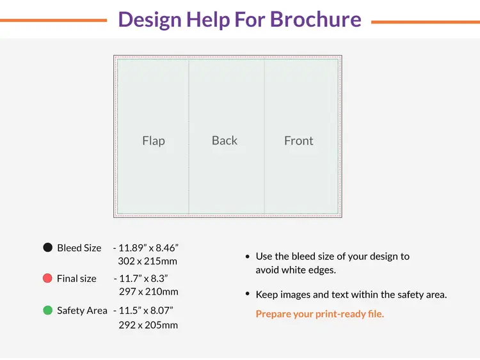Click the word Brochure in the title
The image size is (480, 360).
tap(316, 19)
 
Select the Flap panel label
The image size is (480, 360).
tap(154, 141)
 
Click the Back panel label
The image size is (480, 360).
tap(225, 141)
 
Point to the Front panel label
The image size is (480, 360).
tap(299, 141)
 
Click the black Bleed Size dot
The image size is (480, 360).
tap(47, 247)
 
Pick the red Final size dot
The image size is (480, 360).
tap(47, 278)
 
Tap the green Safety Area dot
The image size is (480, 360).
tap(47, 310)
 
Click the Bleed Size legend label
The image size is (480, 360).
tap(79, 247)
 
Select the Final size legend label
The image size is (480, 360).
tap(76, 278)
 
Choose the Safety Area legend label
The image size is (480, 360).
tap(82, 310)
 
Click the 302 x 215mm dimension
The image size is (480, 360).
tap(147, 261)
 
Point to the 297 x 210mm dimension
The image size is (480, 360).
tap(148, 292)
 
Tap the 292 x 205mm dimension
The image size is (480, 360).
tap(148, 325)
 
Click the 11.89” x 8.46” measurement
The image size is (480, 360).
tap(148, 247)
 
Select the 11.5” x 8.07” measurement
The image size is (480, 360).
tap(145, 310)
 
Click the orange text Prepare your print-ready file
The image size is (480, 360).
tap(320, 314)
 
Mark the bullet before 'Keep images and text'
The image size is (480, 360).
tap(248, 295)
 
